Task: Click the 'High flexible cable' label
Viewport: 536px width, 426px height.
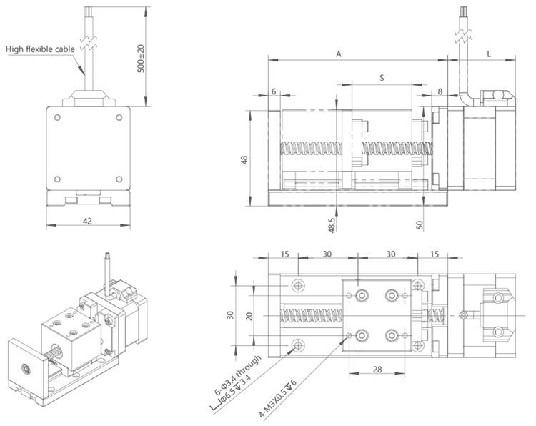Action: point(41,49)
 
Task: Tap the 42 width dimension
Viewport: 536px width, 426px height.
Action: point(87,222)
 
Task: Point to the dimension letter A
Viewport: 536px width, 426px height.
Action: point(338,54)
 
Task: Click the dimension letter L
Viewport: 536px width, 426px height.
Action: point(489,54)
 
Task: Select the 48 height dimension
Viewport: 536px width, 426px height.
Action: point(244,161)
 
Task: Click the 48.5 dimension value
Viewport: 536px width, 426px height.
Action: point(332,225)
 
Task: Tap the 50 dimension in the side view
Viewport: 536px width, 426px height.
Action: point(420,224)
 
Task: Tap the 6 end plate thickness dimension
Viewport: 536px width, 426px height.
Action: point(274,92)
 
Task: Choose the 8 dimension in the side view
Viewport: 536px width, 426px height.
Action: point(440,92)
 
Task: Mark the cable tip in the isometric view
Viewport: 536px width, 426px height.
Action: point(106,253)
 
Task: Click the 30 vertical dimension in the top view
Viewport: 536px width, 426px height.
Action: point(230,315)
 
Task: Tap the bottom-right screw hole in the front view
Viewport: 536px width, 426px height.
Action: point(118,179)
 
